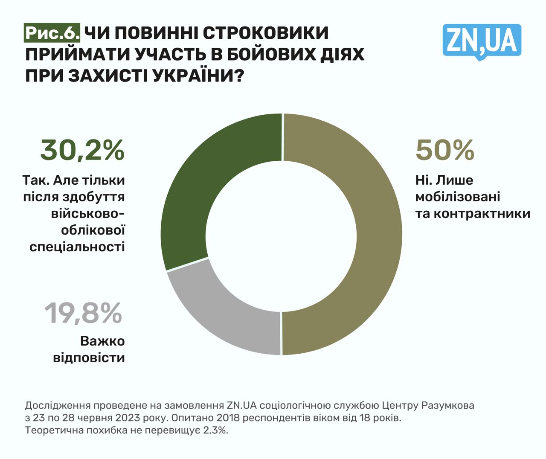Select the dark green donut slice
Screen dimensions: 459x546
point(205,179)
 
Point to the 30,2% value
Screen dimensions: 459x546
point(82,150)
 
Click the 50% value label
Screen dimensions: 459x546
point(444,150)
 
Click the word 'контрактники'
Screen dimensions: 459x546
point(473,213)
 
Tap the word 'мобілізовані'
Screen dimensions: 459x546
point(457,197)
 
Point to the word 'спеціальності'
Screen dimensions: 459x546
point(77,247)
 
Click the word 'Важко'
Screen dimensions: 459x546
point(102,341)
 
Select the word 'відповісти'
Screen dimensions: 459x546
point(89,357)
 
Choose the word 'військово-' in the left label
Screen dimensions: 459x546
point(88,214)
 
